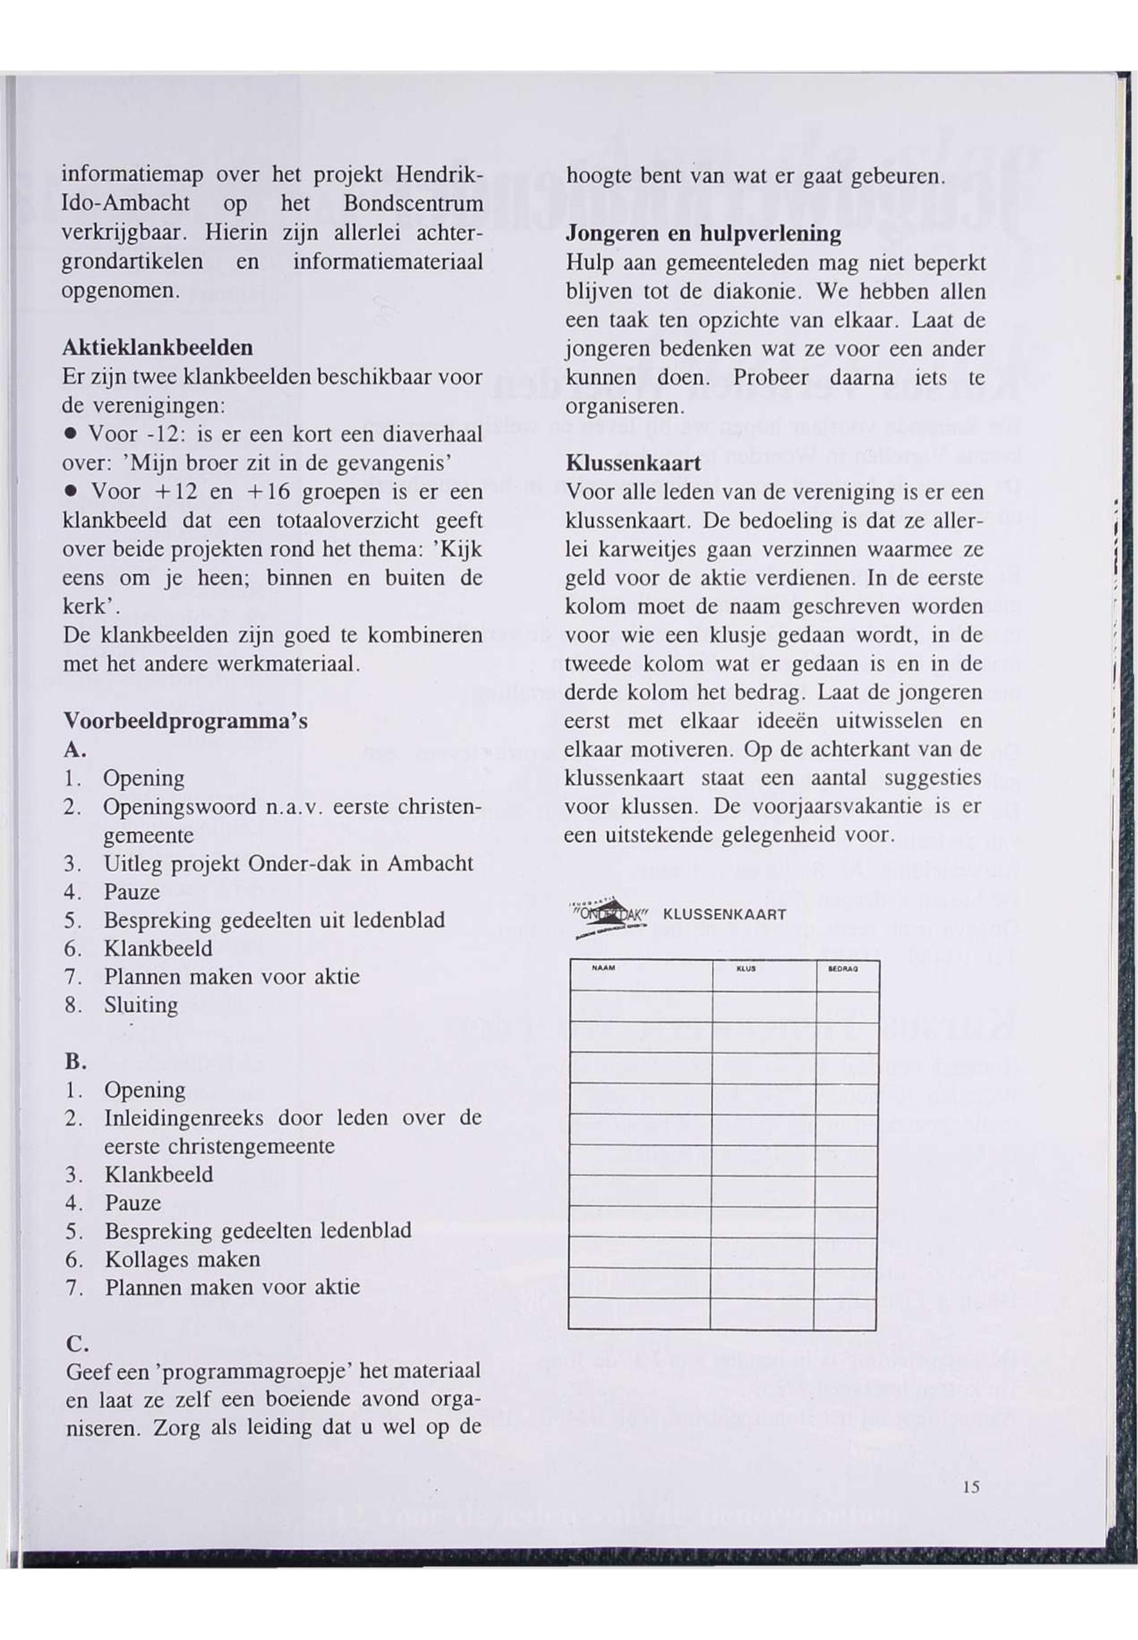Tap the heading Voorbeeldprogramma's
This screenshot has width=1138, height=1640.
(x=186, y=721)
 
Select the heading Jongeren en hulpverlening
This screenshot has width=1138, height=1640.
(x=703, y=234)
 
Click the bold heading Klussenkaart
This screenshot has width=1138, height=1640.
(x=633, y=463)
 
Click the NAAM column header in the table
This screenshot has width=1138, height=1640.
(x=604, y=969)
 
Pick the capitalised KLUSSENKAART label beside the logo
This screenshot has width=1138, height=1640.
(x=725, y=915)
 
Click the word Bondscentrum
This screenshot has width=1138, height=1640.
(x=413, y=204)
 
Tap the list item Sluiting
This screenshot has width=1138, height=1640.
(x=141, y=1005)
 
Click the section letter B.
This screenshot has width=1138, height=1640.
(x=75, y=1062)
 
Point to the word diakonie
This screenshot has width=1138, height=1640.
(x=746, y=292)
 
